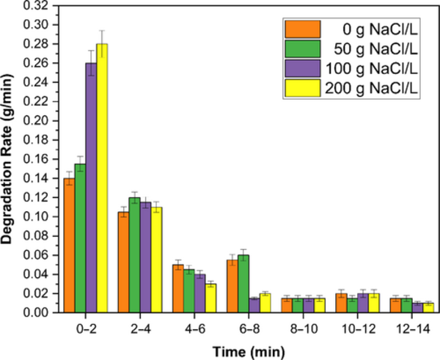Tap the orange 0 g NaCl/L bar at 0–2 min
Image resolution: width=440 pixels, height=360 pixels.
tap(68, 246)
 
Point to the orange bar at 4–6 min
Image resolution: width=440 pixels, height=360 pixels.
tap(178, 289)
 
